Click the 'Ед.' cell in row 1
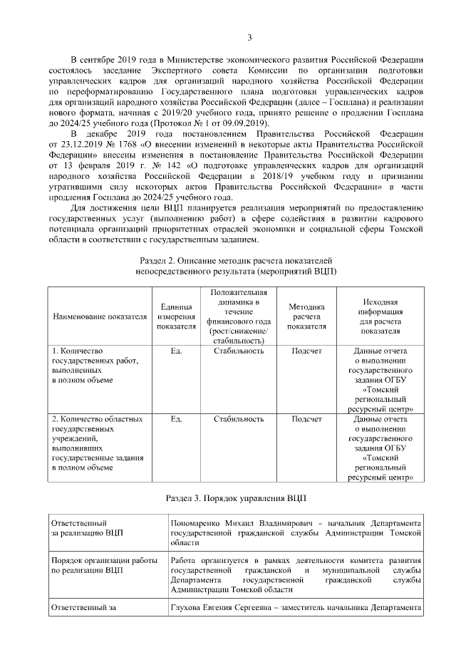click(177, 351)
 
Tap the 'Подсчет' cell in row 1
click(306, 351)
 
